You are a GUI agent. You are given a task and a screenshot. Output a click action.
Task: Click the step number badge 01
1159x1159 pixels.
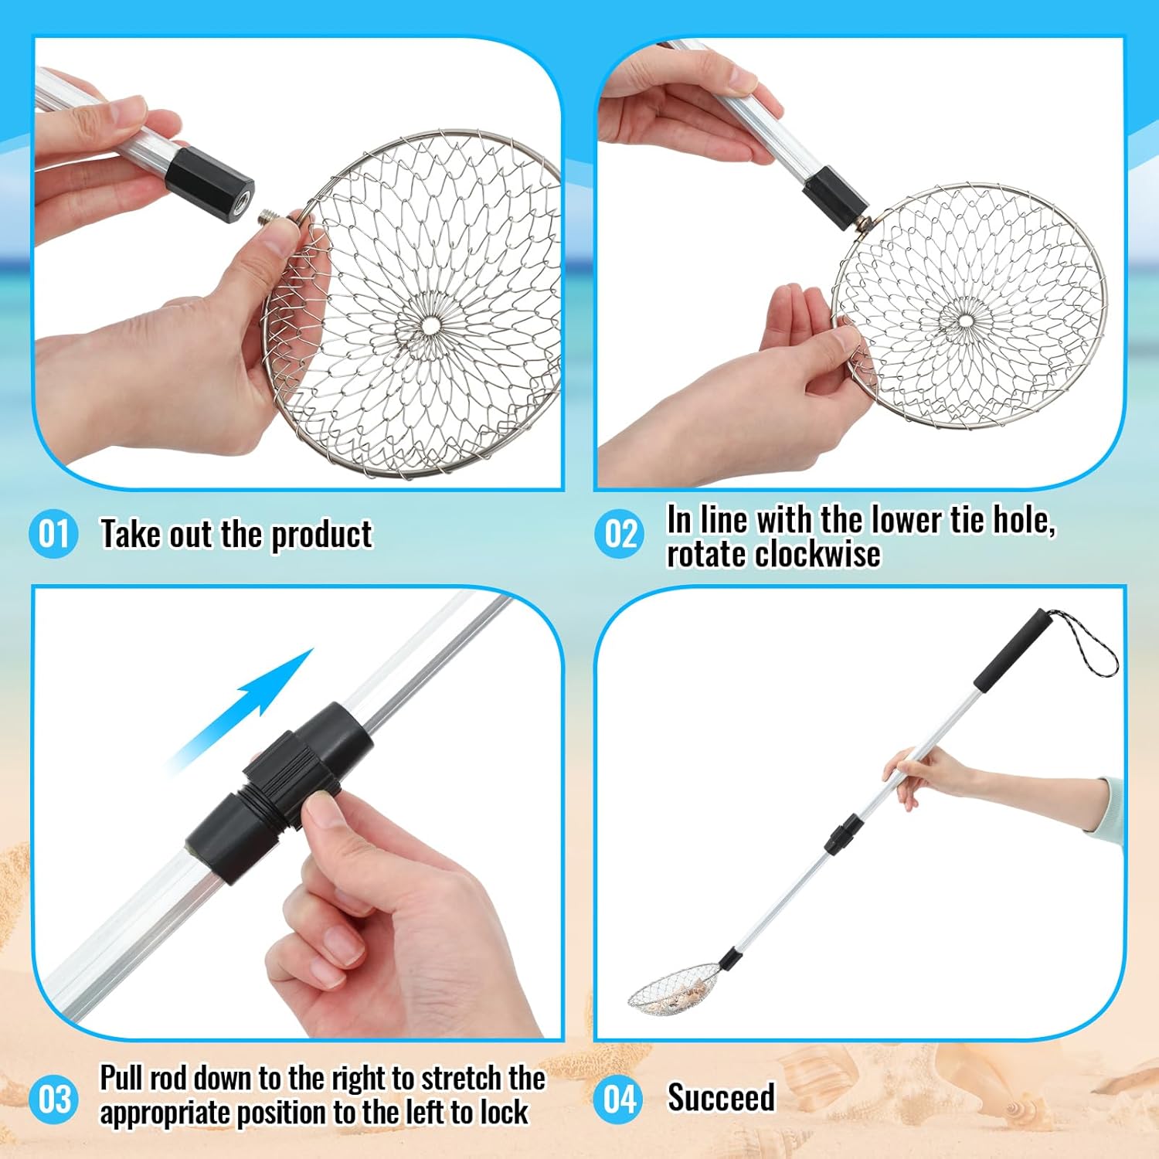[53, 534]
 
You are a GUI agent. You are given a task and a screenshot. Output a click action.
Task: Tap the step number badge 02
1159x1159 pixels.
[620, 534]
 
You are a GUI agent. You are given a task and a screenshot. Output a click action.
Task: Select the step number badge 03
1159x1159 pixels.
[53, 1100]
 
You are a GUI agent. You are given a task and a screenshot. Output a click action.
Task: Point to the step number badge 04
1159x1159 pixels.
[620, 1100]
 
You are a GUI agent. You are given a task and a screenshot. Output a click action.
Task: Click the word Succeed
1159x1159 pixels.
[721, 1098]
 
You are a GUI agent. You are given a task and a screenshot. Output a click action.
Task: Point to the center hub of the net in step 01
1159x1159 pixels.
[427, 325]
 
